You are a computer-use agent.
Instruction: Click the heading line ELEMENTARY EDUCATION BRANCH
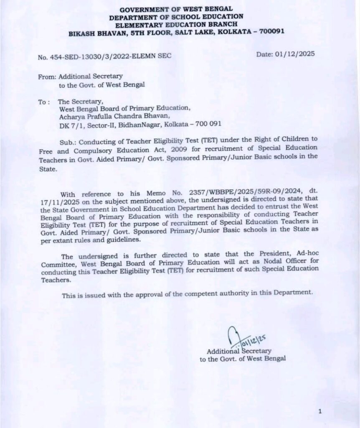[176, 24]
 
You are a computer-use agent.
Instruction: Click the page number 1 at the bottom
[319, 412]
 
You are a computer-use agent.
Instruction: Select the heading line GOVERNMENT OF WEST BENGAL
[176, 9]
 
